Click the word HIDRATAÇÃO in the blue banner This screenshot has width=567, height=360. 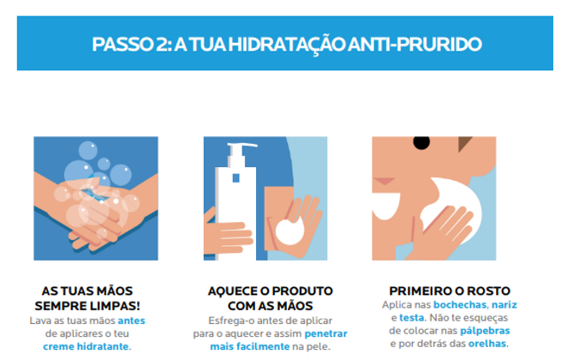286,45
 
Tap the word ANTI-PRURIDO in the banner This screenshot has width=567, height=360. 415,44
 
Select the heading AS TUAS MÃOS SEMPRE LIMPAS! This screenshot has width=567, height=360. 87,298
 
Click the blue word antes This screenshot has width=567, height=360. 131,321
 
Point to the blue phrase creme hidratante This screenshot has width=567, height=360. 86,346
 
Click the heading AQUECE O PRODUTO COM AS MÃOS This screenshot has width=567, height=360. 270,298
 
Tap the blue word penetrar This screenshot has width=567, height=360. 325,333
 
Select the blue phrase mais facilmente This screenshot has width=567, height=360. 250,346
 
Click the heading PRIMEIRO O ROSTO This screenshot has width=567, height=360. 450,291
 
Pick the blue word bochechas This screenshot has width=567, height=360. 460,304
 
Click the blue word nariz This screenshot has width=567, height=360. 504,304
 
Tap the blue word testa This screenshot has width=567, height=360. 412,318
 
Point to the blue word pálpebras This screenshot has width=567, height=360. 485,331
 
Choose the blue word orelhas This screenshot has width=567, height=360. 487,344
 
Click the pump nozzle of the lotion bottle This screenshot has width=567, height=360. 242,146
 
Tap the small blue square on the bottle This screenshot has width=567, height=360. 236,178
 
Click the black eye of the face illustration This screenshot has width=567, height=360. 421,142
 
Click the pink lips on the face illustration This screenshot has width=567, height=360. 384,181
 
